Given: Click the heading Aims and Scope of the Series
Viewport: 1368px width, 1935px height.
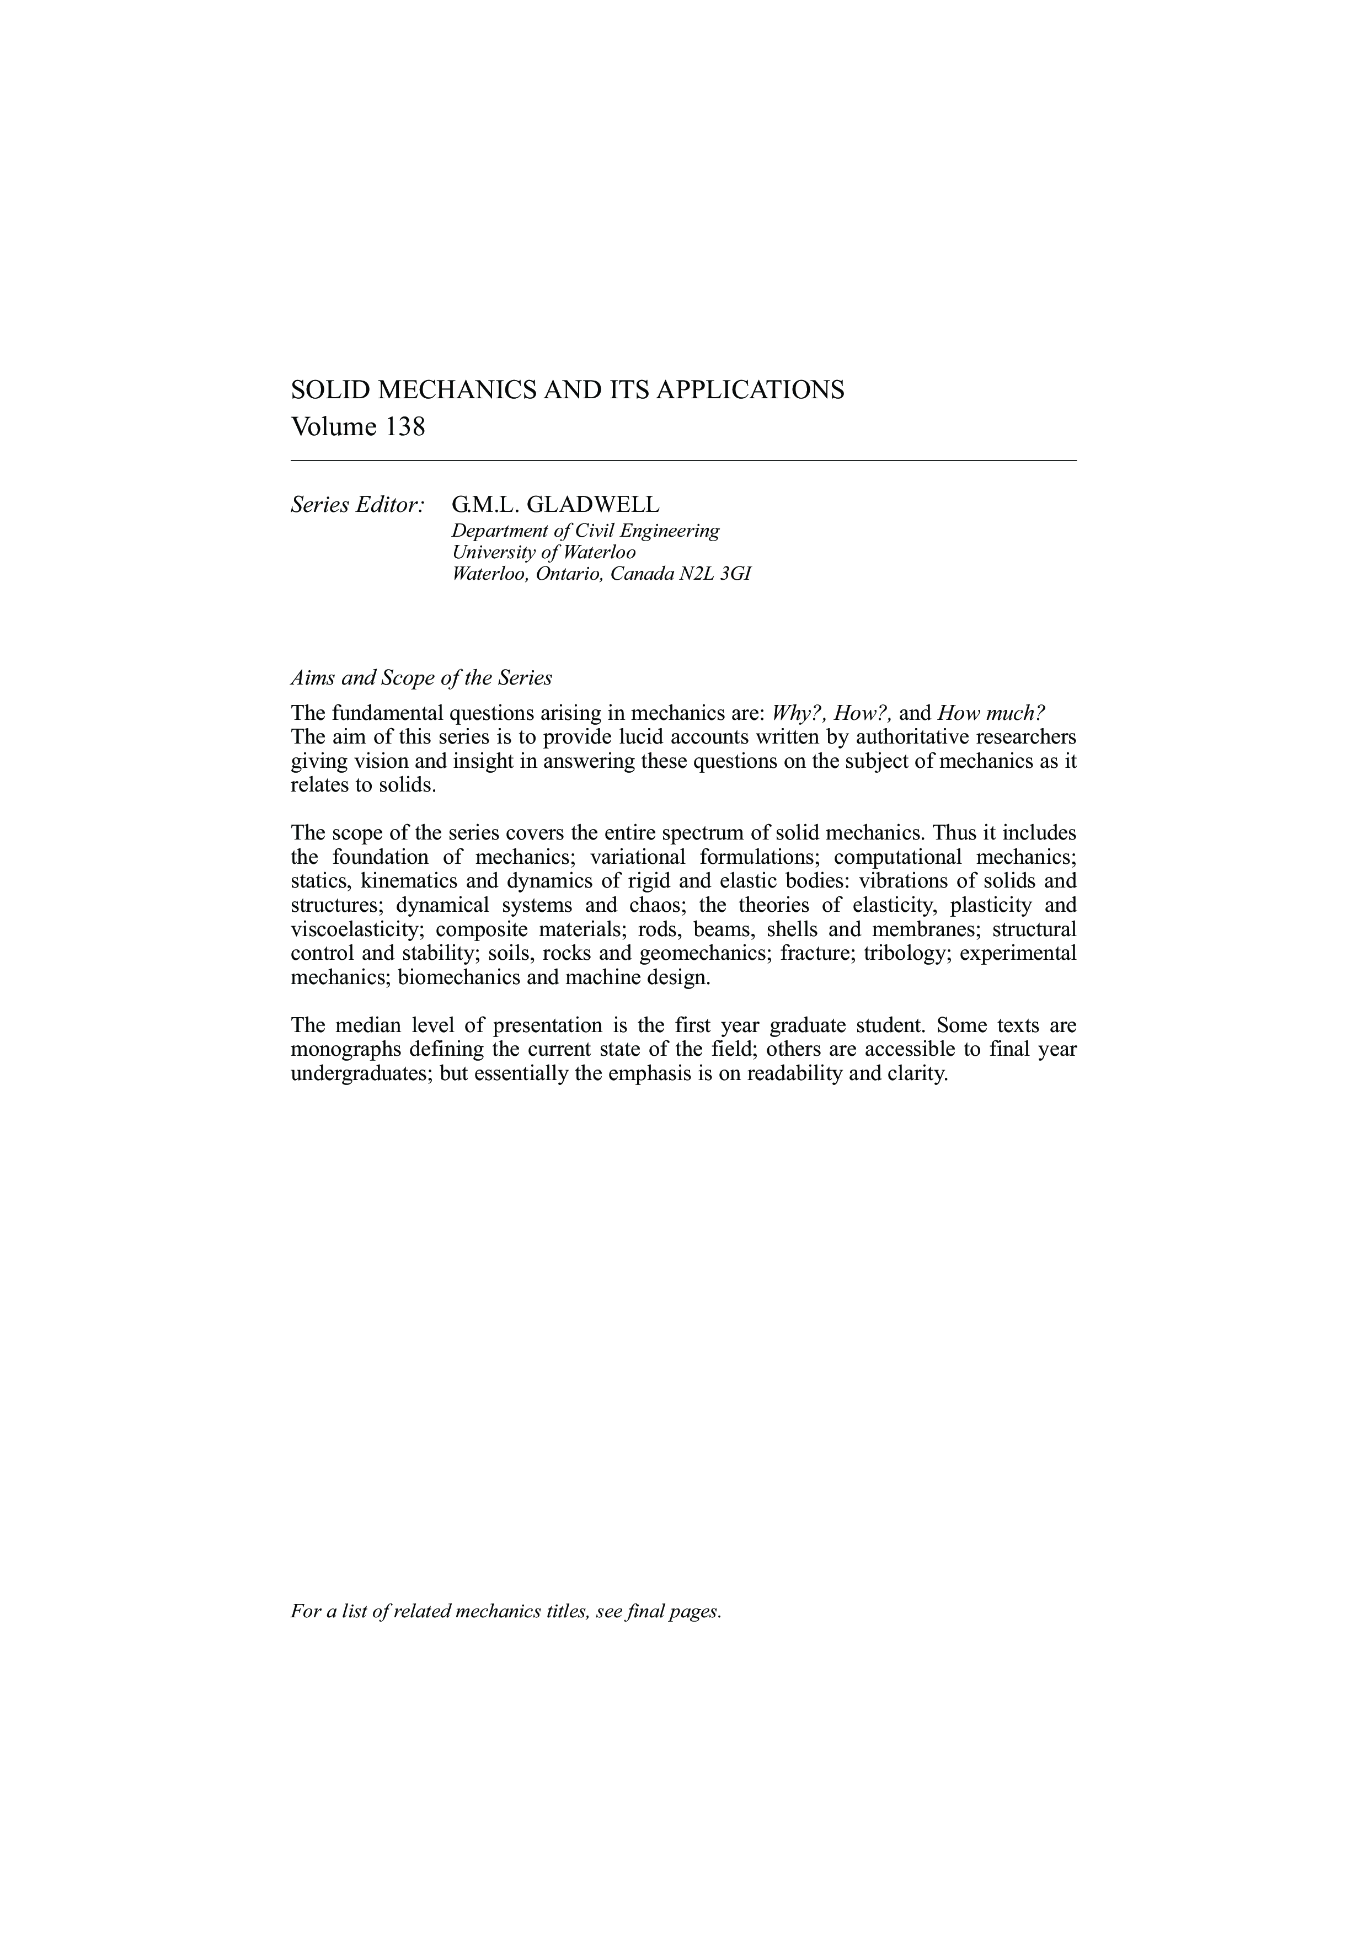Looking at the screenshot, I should click(420, 677).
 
